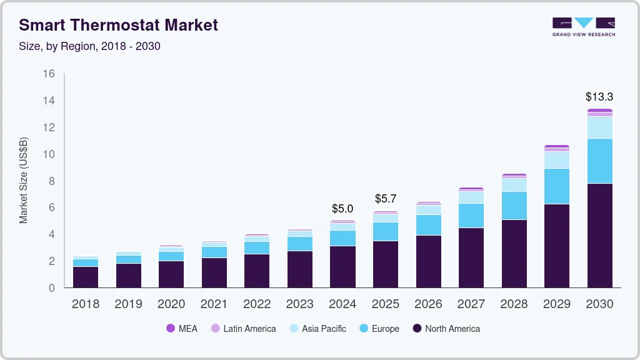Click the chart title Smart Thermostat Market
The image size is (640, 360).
[119, 25]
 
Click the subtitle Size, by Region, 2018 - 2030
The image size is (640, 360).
[90, 46]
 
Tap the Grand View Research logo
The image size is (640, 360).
[583, 26]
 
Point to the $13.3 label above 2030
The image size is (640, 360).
[599, 97]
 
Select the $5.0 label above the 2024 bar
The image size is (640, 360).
[342, 208]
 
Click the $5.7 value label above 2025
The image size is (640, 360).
[386, 199]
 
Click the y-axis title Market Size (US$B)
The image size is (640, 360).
[24, 181]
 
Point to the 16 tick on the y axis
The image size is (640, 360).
[49, 74]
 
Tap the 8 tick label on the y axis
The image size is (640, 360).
[52, 181]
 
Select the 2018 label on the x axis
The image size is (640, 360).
[86, 304]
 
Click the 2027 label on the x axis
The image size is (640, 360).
[471, 304]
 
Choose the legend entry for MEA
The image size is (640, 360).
[182, 329]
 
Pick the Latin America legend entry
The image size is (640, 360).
[243, 329]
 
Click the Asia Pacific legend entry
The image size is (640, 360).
[317, 329]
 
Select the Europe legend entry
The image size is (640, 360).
[379, 329]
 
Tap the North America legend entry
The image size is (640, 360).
[446, 329]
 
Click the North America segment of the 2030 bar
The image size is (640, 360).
[599, 235]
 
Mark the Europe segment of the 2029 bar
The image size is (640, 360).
[557, 186]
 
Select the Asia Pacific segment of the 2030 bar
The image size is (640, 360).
[599, 127]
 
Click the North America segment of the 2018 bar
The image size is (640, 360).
[86, 277]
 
